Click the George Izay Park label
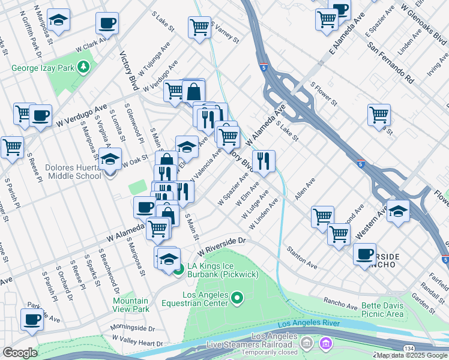(x=43, y=68)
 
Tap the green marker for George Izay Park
(x=84, y=67)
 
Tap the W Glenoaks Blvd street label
(x=425, y=20)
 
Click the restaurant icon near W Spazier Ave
(x=264, y=161)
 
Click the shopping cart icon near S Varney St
(x=199, y=27)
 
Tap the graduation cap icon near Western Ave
(x=397, y=211)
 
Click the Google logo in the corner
(x=19, y=353)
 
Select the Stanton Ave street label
(x=302, y=256)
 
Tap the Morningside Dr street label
(x=132, y=329)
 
